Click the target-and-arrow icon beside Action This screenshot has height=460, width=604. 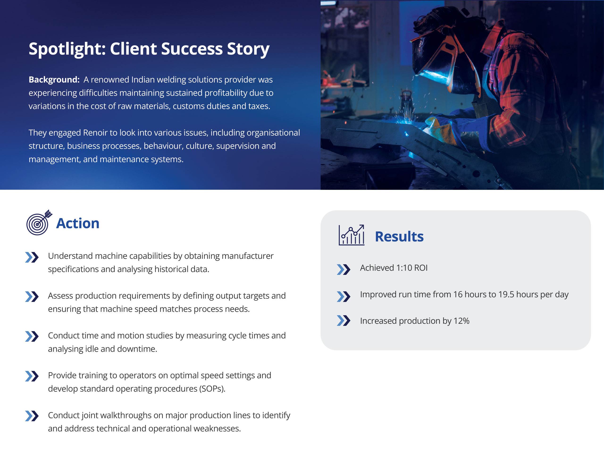[39, 222]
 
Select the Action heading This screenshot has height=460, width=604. [78, 223]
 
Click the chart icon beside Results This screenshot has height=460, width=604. [351, 235]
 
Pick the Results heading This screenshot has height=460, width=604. [399, 237]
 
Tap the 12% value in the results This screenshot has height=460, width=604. [461, 321]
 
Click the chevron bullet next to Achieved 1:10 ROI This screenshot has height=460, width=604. [344, 269]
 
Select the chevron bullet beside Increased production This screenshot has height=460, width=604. [344, 321]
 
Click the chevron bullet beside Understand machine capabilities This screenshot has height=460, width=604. [32, 257]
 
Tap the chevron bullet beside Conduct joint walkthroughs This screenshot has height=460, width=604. [32, 416]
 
